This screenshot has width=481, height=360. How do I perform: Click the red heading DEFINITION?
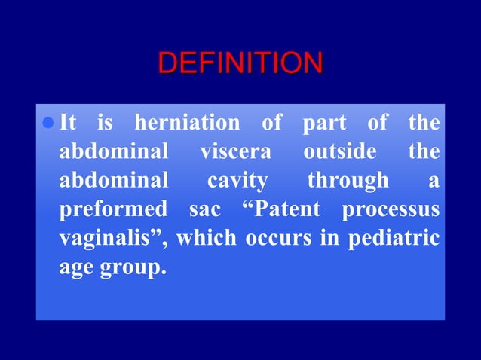pyautogui.click(x=240, y=63)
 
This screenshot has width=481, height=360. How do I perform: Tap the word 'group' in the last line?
pyautogui.click(x=132, y=268)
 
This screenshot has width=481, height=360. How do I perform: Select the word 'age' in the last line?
pyautogui.click(x=75, y=268)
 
